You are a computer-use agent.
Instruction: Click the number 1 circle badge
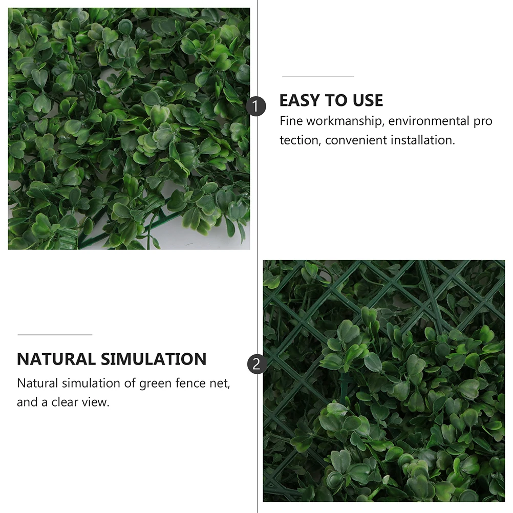click(x=257, y=107)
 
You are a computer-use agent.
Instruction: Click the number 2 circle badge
click(x=257, y=364)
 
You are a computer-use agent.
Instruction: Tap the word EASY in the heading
click(x=300, y=100)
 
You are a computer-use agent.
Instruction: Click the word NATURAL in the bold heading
click(x=56, y=359)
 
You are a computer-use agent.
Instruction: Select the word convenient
click(x=356, y=140)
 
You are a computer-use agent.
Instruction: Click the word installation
click(x=423, y=140)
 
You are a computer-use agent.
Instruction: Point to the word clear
click(x=61, y=402)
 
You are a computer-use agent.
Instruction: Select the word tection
click(x=299, y=140)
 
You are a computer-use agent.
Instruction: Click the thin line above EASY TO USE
click(x=318, y=76)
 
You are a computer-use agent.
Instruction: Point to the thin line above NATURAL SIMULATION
click(x=55, y=335)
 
